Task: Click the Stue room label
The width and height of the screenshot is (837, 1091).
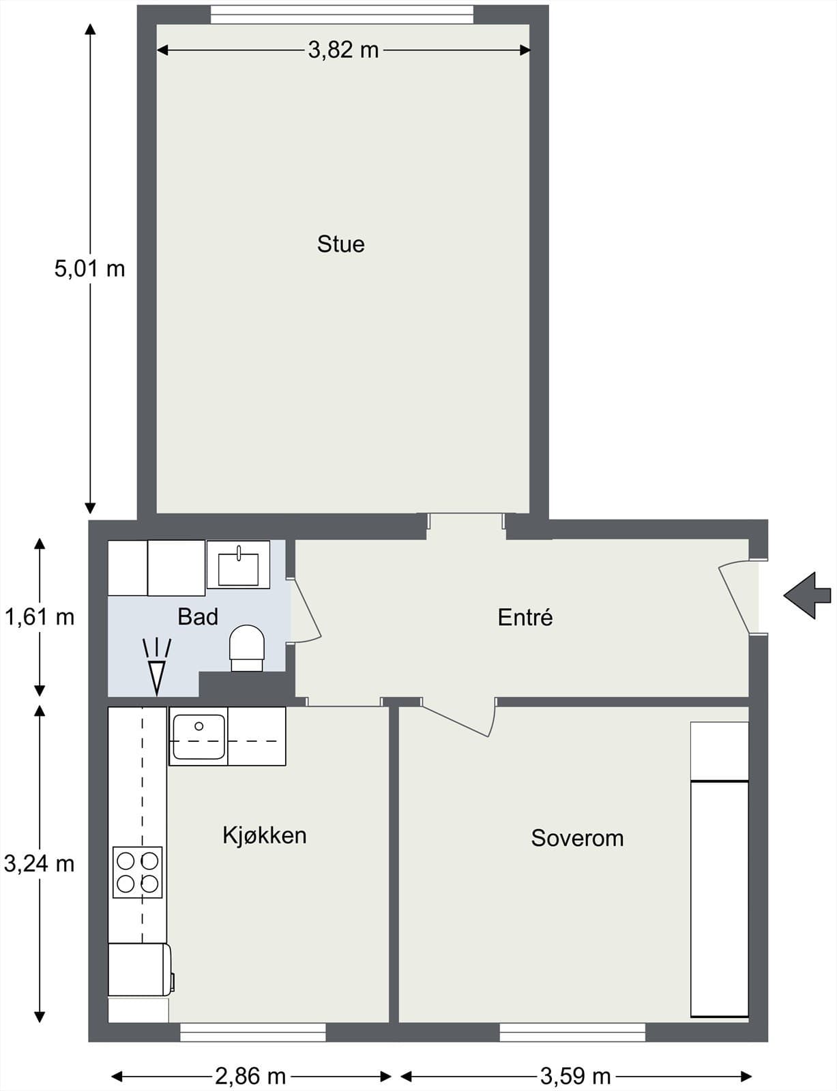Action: [x=340, y=244]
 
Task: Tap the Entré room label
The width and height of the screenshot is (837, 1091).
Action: [x=525, y=617]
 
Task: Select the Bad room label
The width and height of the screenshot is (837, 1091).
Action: [x=198, y=616]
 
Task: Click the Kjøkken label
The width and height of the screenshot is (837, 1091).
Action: [x=264, y=835]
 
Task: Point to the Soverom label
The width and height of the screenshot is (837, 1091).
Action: [x=577, y=837]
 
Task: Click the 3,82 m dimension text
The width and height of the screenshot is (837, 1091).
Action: [x=343, y=50]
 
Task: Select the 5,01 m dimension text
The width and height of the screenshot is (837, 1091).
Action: [x=89, y=269]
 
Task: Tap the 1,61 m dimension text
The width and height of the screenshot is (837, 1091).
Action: [x=39, y=617]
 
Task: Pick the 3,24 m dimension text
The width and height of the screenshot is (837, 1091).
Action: [x=39, y=864]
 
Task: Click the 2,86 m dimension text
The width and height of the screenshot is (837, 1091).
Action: [x=250, y=1076]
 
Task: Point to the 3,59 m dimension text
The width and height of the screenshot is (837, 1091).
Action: [x=575, y=1076]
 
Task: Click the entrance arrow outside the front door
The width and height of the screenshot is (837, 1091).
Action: [x=808, y=595]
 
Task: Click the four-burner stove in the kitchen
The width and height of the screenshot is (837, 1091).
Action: [x=137, y=872]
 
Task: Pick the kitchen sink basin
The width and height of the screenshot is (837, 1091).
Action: [x=199, y=736]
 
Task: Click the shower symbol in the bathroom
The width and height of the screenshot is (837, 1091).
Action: [x=157, y=667]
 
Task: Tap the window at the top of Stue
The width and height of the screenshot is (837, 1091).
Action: [x=342, y=14]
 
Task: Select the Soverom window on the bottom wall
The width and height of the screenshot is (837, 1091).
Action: [x=572, y=1032]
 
